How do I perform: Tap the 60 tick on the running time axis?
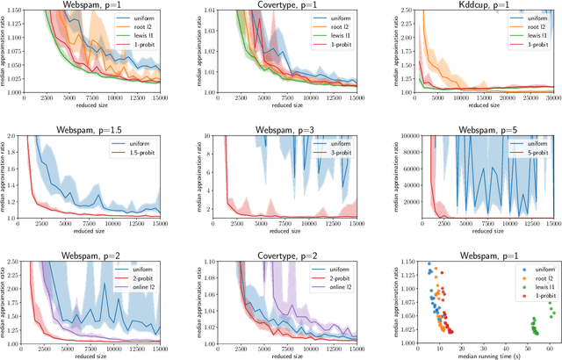click(x=549, y=344)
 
